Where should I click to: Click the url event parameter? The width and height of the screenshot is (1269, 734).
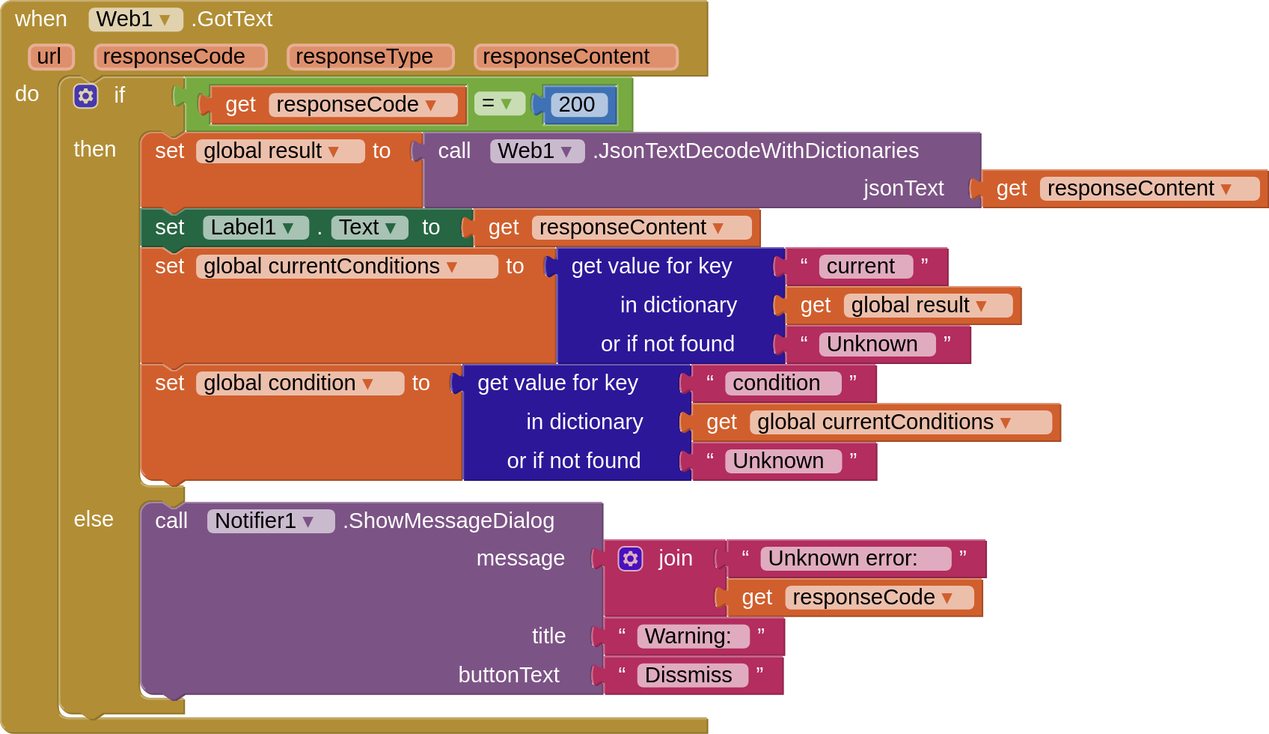click(49, 57)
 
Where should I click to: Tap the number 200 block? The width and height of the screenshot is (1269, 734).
click(577, 105)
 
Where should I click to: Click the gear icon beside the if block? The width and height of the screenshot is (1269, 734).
click(85, 96)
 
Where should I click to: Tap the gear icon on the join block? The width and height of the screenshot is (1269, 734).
click(630, 559)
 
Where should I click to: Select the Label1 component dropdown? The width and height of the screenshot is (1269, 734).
click(254, 228)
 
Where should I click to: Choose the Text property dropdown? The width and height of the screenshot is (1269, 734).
click(368, 228)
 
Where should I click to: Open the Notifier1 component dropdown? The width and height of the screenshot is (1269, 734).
click(269, 521)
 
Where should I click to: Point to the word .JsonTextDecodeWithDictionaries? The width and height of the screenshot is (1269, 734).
click(756, 151)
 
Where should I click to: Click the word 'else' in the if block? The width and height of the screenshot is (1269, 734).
click(94, 519)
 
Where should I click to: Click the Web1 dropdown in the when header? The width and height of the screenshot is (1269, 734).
click(135, 19)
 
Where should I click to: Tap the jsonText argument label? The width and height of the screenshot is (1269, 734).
click(903, 189)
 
